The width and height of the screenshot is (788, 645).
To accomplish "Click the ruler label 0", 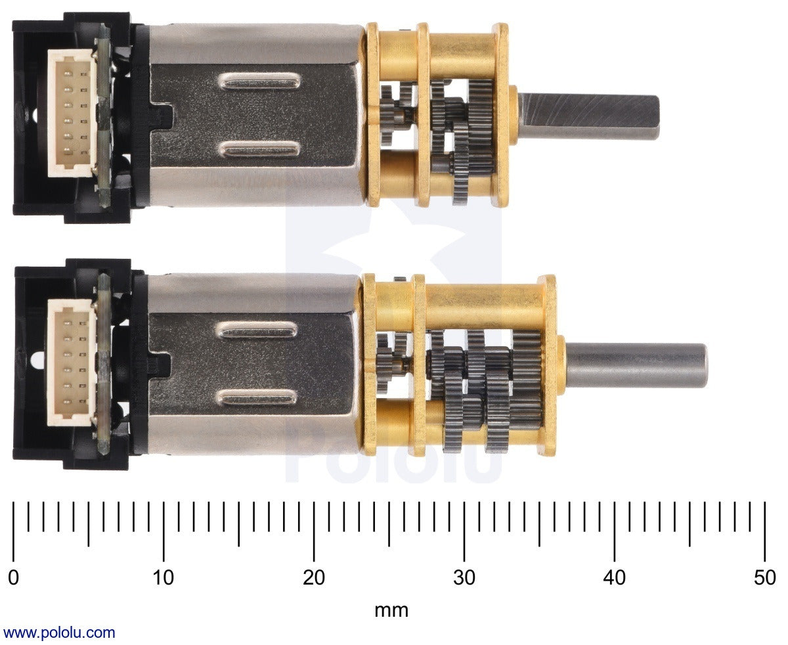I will pos(13,578).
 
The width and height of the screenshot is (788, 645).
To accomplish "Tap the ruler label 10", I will pos(164,578).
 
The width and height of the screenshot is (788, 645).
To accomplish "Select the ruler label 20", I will pos(314,578).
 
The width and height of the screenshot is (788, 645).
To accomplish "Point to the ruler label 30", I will pos(464,578).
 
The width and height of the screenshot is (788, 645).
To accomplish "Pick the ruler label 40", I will pos(615,578).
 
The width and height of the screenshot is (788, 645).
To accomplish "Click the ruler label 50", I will pos(765,578).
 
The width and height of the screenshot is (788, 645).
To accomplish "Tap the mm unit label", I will pos(391,611).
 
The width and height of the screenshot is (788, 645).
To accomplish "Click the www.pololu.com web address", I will pos(59,633).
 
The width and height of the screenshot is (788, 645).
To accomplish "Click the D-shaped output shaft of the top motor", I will pos(588,116).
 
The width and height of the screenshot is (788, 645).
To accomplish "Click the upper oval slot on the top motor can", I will pos(258,82).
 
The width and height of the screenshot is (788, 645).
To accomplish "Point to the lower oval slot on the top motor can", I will pos(258,150).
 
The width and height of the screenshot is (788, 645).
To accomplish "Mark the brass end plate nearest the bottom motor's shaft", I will pos(548,365).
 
